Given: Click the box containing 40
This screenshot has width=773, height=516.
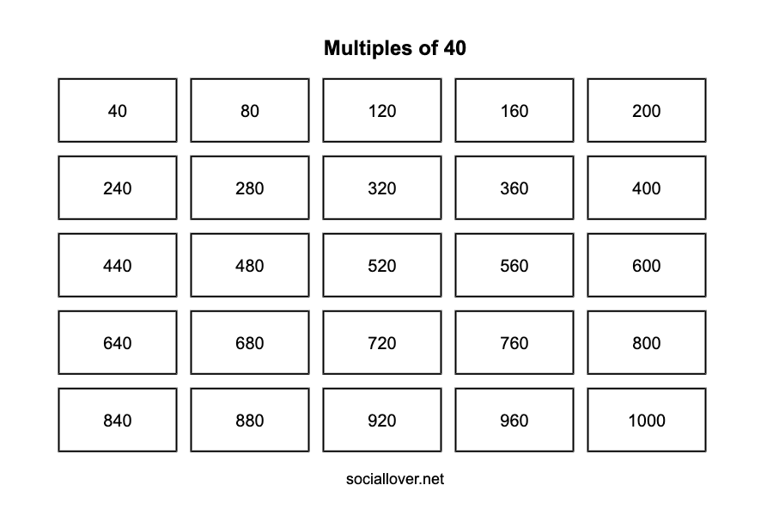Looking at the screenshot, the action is [x=118, y=110].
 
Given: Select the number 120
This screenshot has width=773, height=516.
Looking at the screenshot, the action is [x=382, y=111].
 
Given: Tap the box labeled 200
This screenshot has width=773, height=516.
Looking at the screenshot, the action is [x=646, y=110].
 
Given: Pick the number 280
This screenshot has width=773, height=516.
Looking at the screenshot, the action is [x=249, y=188].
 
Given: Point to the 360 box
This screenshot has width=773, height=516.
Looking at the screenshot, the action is [x=514, y=187].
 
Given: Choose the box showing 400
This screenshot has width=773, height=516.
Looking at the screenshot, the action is [x=646, y=187].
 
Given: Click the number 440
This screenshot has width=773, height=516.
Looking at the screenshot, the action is [x=118, y=266].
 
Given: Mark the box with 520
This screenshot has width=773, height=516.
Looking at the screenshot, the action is [x=382, y=265].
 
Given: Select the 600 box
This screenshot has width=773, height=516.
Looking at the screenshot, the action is [x=646, y=265].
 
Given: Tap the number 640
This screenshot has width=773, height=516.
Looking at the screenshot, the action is [x=118, y=343].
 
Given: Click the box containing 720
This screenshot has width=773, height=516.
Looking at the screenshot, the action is [x=382, y=342].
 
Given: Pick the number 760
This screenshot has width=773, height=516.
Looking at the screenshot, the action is [x=514, y=343].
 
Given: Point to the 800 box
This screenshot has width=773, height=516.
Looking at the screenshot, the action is [x=646, y=342].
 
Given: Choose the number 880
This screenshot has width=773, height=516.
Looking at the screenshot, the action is [x=249, y=421].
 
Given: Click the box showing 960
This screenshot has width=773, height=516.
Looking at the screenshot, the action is [x=514, y=420].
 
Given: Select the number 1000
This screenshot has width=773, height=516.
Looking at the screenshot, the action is [x=646, y=421].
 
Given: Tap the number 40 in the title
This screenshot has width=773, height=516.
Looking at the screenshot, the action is [x=454, y=48].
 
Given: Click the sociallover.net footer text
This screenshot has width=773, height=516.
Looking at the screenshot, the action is [x=395, y=479].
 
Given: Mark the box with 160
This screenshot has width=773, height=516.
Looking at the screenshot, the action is [x=514, y=110].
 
